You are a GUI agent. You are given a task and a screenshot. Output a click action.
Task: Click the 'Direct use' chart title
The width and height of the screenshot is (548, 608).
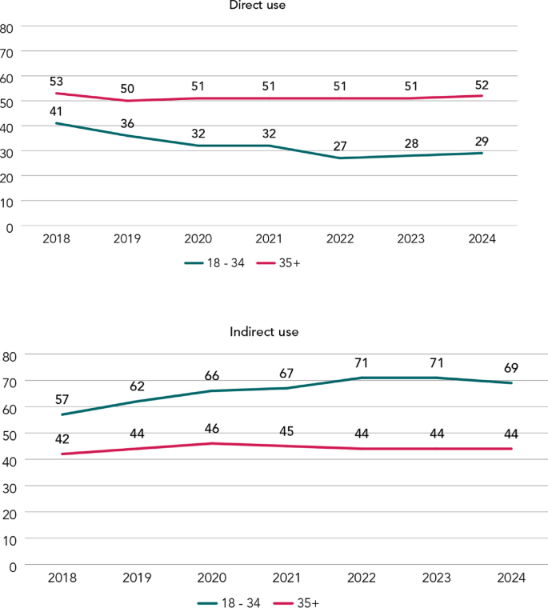(x=257, y=5)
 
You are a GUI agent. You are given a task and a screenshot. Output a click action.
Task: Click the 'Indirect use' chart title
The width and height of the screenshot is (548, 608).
(x=264, y=332)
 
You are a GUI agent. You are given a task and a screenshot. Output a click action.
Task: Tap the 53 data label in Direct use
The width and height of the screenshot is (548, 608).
(x=56, y=82)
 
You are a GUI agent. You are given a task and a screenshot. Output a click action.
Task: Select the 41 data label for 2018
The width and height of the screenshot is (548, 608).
(x=56, y=112)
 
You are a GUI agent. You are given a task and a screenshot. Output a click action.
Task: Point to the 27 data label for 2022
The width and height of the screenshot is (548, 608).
(x=340, y=146)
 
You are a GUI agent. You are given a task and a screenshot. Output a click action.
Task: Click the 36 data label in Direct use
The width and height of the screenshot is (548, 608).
(x=127, y=124)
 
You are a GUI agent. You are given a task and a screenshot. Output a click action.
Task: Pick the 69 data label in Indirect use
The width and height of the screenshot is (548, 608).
(x=510, y=368)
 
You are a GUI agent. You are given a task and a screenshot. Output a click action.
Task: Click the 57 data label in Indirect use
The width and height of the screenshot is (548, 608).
(x=62, y=399)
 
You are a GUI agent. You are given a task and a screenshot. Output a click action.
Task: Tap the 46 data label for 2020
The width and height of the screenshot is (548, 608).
(x=212, y=429)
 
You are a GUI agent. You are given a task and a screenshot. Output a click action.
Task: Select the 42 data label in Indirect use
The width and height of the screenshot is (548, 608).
(x=62, y=439)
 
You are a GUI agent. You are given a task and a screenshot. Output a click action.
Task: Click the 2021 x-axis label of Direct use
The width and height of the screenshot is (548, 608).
(x=269, y=239)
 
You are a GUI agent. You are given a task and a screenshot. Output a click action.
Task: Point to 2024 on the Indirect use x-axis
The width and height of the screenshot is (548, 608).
(x=511, y=578)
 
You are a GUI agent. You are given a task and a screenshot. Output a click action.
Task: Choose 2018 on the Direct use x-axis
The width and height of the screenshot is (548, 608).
(x=56, y=239)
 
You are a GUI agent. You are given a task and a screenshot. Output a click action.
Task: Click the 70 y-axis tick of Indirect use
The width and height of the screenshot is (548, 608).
(x=10, y=383)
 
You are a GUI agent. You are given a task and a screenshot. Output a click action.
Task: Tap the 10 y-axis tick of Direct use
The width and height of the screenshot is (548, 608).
(x=6, y=202)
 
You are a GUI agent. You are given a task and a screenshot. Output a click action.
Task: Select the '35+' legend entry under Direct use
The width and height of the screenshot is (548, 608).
(x=278, y=263)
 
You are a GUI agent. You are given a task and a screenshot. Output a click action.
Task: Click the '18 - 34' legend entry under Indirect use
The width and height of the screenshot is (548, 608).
(x=229, y=602)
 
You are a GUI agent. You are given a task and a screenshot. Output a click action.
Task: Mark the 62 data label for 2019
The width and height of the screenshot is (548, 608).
(x=137, y=386)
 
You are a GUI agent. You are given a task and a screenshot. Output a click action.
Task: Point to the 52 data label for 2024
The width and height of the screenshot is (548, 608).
(x=482, y=86)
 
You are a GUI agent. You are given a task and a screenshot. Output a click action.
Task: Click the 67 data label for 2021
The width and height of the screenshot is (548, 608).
(x=286, y=374)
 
